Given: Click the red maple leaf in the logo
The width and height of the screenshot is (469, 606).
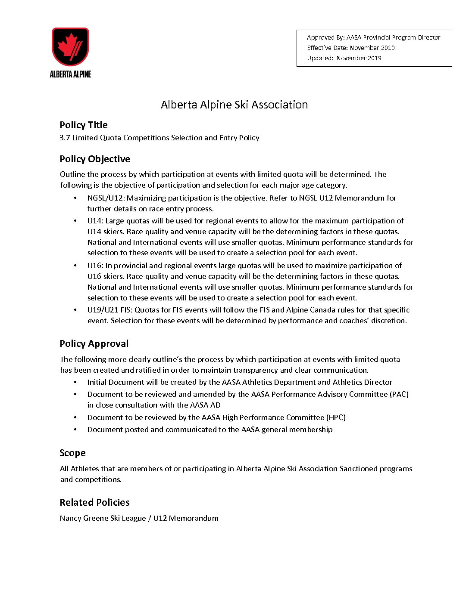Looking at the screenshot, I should (x=67, y=45).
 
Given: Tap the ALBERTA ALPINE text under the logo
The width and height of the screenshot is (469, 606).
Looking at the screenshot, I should (x=70, y=74).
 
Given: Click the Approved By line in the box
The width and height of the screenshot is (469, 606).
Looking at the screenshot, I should (x=373, y=37).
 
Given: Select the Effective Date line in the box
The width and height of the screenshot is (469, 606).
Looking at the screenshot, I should (x=350, y=48).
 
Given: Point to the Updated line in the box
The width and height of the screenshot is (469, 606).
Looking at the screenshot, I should (x=344, y=58).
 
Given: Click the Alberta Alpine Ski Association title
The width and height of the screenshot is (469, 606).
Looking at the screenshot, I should (x=234, y=105).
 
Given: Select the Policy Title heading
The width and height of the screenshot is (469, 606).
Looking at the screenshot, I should (x=84, y=125).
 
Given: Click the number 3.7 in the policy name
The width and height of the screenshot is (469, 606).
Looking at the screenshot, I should (x=65, y=138).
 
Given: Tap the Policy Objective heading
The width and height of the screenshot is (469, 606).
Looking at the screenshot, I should (x=95, y=159).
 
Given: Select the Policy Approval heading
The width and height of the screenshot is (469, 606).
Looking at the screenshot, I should (x=94, y=343).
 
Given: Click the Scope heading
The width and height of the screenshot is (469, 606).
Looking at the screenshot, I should (x=72, y=453).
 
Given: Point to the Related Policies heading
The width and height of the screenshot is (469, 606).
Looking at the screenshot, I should (x=94, y=502).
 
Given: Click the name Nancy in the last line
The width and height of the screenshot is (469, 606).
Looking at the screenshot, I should (x=70, y=518).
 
